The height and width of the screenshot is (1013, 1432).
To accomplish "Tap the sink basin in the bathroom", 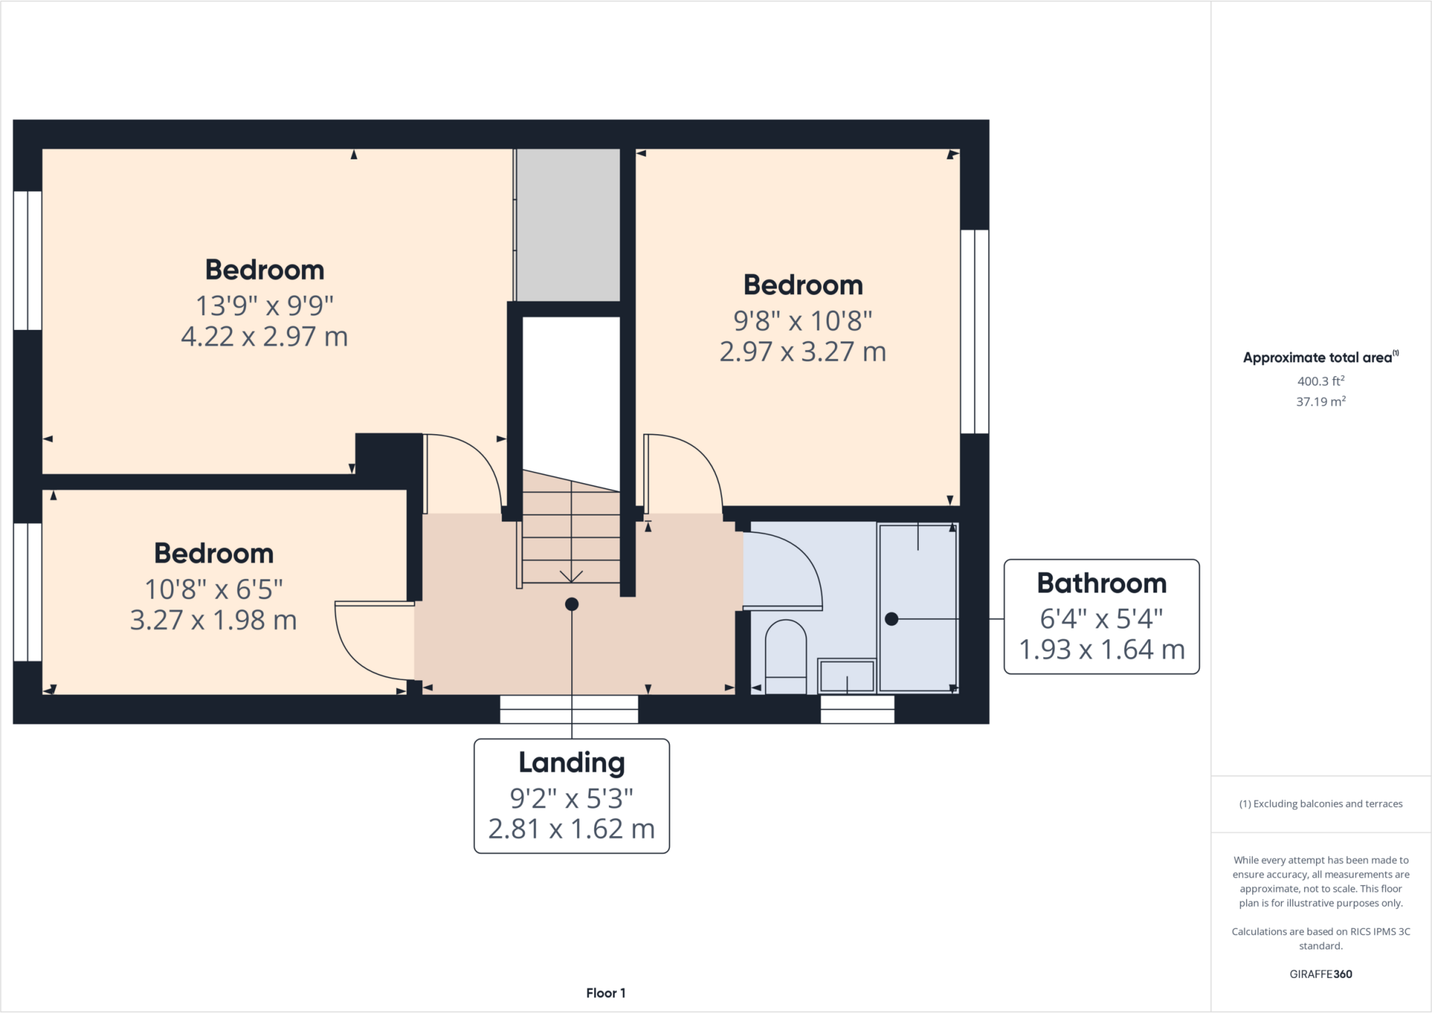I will point(847,676).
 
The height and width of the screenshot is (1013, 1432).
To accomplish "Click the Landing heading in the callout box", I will point(571,763).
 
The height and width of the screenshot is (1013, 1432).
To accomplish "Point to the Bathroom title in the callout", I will point(1101,583).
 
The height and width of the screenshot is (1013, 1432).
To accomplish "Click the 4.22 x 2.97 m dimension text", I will point(264,337).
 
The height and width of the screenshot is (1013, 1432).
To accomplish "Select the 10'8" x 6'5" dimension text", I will point(213,589).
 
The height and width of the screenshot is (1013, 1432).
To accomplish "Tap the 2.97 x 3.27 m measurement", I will point(803,352).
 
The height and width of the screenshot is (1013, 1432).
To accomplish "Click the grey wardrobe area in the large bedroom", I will point(568,224).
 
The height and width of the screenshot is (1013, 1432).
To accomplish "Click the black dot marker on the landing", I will point(571,604).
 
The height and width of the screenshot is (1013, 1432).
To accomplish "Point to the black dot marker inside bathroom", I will point(892,619).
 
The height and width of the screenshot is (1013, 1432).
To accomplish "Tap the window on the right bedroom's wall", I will point(974,331).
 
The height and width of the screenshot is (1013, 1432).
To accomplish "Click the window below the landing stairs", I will point(568,709).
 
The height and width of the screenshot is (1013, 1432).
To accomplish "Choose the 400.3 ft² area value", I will point(1320,381).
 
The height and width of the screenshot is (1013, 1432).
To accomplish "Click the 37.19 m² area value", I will point(1320,402).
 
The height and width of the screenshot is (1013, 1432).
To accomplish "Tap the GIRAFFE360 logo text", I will point(1320,974).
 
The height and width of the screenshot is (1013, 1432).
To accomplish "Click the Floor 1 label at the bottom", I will point(606,993).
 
